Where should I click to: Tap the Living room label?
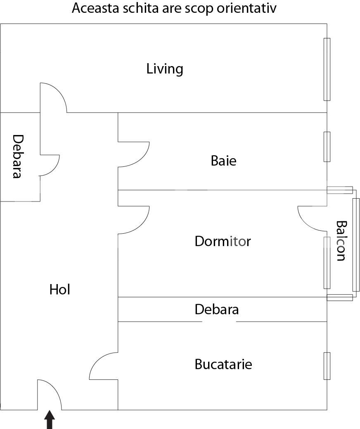tap(165, 69)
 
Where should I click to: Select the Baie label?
tap(223, 161)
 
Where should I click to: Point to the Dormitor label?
tap(223, 241)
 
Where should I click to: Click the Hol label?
tap(60, 290)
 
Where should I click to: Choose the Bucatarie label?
tap(223, 365)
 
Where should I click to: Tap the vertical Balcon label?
tap(341, 241)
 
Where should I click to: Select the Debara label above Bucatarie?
tap(216, 309)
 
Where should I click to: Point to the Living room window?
tap(327, 69)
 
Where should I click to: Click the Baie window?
tap(327, 147)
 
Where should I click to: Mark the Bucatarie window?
tap(327, 366)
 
